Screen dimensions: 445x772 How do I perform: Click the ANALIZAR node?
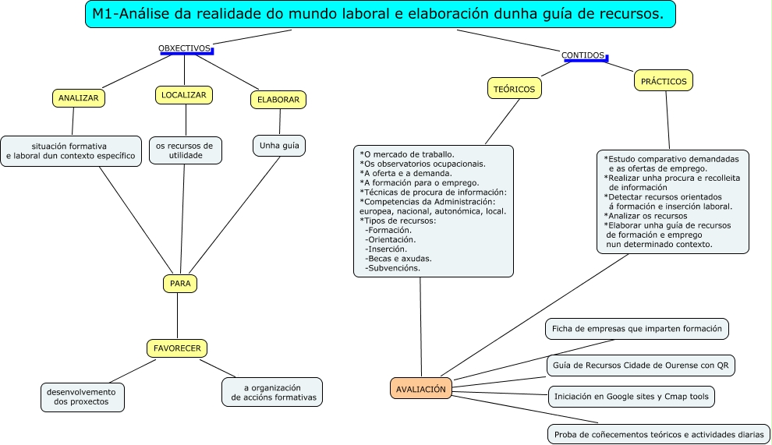point(78,98)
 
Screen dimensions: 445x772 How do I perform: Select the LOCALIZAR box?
point(183,95)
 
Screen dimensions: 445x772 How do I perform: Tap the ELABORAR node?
point(278,100)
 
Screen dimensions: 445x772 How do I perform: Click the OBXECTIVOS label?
point(185,48)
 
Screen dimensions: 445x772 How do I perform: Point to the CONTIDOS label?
point(583,55)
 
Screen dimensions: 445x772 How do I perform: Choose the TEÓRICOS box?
point(515,89)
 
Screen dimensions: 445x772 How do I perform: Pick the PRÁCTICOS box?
point(664,80)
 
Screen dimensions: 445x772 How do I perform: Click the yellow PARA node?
point(180,284)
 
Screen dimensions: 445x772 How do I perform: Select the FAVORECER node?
point(177,348)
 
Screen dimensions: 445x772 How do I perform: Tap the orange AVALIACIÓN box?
point(421,388)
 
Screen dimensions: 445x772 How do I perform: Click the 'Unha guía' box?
point(279,145)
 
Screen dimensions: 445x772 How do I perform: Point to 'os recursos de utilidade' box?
point(186,150)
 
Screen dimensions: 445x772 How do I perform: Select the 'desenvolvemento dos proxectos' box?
point(81,397)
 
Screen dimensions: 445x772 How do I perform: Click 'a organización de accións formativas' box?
point(272,392)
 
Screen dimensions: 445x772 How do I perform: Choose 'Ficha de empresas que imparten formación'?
point(637,329)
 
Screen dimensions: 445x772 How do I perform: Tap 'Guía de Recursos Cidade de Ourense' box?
point(640,365)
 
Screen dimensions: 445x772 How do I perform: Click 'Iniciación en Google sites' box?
point(632,397)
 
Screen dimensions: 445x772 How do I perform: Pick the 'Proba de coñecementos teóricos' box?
point(659,434)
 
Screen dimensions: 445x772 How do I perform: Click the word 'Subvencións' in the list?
point(394,268)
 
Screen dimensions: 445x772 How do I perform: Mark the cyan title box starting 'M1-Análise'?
point(380,14)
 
